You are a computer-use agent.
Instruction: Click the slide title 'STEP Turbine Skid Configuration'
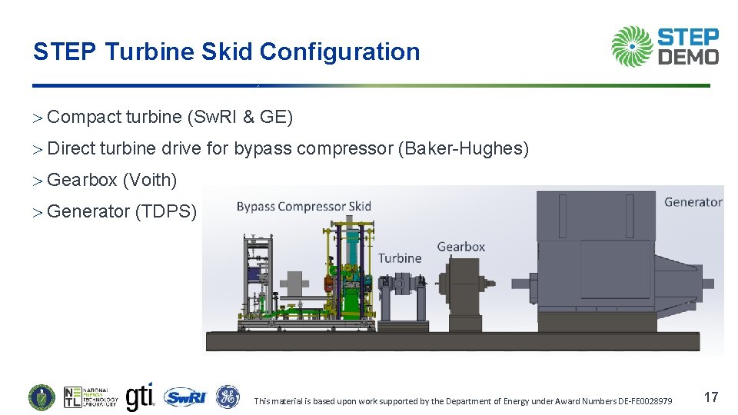[226, 51]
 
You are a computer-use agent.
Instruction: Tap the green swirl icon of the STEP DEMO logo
[632, 46]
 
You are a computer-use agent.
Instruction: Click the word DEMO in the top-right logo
[689, 56]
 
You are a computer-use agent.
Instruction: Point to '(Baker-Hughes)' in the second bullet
[463, 148]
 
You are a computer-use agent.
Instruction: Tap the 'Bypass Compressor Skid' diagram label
[304, 206]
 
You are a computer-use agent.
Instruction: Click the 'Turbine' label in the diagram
[400, 258]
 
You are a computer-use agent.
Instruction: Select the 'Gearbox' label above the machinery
[460, 247]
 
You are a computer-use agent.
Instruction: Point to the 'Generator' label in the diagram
[693, 202]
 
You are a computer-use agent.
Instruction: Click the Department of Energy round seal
[42, 397]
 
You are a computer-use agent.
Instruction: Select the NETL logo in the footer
[91, 397]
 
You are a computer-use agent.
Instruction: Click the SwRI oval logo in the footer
[185, 397]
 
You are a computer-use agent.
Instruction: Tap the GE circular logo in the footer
[228, 397]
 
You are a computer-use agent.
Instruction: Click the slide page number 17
[711, 397]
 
